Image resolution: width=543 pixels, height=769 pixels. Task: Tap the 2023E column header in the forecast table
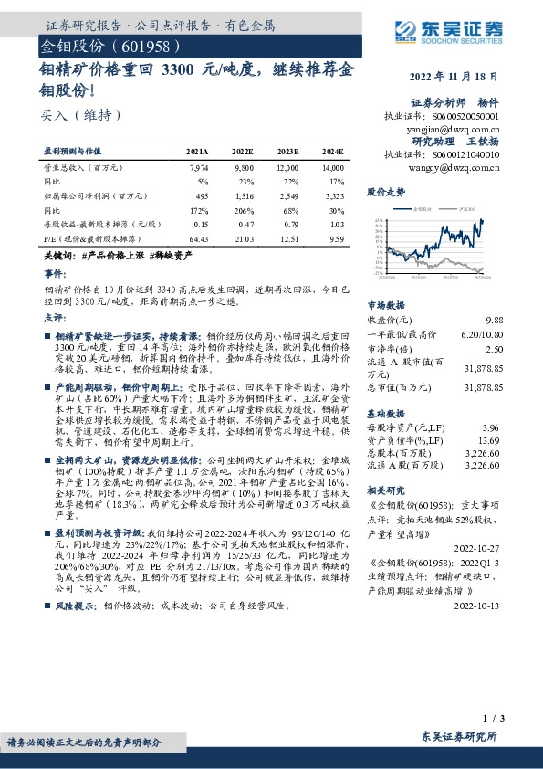(x=287, y=151)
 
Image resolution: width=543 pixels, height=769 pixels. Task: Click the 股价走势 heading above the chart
(x=385, y=193)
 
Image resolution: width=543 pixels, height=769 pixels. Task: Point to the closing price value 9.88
(x=494, y=320)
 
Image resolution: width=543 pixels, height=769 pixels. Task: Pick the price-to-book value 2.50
(x=494, y=349)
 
